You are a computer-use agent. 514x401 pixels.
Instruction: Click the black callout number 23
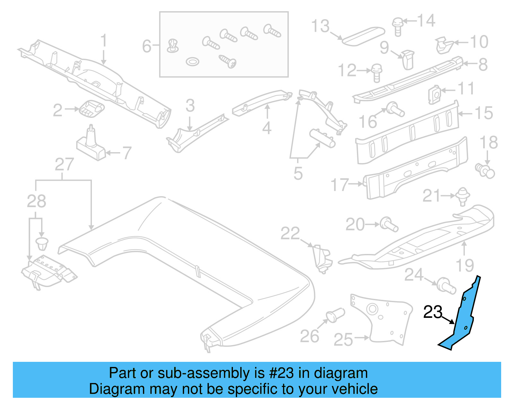(433, 312)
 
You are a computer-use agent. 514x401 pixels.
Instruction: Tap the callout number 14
(426, 21)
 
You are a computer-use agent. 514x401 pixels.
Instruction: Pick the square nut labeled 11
(434, 94)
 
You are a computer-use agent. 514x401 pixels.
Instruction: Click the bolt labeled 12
(376, 72)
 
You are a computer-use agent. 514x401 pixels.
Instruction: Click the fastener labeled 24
(447, 285)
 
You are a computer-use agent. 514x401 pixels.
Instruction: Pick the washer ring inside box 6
(192, 61)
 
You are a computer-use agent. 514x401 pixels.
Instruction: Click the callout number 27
(64, 164)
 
